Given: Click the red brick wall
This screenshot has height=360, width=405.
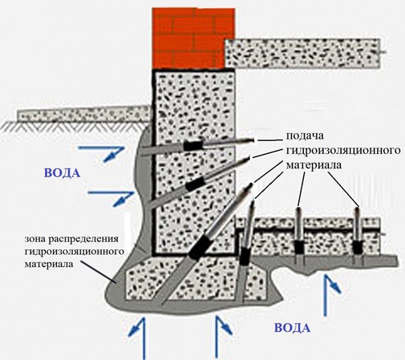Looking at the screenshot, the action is pyautogui.click(x=193, y=38).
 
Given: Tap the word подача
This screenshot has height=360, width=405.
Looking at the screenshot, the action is pyautogui.click(x=305, y=136).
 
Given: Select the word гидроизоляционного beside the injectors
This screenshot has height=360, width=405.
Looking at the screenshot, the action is pyautogui.click(x=343, y=151).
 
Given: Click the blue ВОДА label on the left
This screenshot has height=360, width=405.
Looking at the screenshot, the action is pyautogui.click(x=62, y=173).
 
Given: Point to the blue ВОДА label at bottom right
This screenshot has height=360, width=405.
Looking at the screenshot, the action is pyautogui.click(x=293, y=328).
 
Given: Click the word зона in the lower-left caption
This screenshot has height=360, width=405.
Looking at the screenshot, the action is pyautogui.click(x=34, y=239).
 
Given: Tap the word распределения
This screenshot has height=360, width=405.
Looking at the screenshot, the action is pyautogui.click(x=83, y=239).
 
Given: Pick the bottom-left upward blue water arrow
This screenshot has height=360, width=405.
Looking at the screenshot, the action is pyautogui.click(x=139, y=338).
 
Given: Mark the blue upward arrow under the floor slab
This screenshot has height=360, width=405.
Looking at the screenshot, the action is pyautogui.click(x=330, y=295).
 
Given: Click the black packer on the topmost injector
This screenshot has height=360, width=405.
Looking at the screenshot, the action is pyautogui.click(x=192, y=145).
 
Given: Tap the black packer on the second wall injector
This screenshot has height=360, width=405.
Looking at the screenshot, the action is pyautogui.click(x=195, y=184).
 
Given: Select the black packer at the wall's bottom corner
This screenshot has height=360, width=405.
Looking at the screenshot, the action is pyautogui.click(x=198, y=247).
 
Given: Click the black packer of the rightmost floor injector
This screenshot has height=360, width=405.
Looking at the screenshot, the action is pyautogui.click(x=357, y=247).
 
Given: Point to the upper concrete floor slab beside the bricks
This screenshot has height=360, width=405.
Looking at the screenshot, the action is pyautogui.click(x=303, y=53).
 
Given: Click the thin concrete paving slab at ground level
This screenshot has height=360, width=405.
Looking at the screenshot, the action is pyautogui.click(x=83, y=114).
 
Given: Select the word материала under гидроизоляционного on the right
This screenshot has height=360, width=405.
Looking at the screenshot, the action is pyautogui.click(x=314, y=165).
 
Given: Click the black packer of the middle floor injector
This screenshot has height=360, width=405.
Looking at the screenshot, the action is pyautogui.click(x=299, y=246).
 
